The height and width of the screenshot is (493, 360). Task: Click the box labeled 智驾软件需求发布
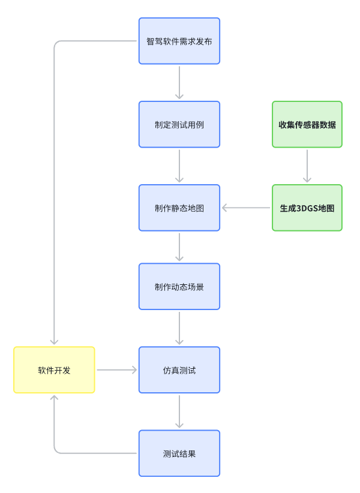click(x=179, y=41)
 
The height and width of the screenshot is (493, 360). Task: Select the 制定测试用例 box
click(x=179, y=124)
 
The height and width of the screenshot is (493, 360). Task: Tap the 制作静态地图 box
click(x=179, y=208)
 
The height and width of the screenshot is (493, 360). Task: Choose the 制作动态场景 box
click(x=179, y=286)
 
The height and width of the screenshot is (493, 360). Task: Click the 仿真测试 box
click(x=179, y=369)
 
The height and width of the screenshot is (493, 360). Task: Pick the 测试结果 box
click(x=179, y=453)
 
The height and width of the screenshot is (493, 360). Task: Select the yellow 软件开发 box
click(x=54, y=369)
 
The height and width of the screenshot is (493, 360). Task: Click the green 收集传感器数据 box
click(x=307, y=124)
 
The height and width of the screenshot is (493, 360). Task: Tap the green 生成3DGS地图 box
click(x=307, y=208)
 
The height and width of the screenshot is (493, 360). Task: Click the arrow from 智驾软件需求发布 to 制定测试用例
click(x=179, y=82)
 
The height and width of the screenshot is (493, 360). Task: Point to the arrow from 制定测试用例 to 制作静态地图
click(x=179, y=166)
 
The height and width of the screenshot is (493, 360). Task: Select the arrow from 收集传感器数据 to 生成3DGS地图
click(x=307, y=166)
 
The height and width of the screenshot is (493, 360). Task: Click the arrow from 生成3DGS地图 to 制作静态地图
click(x=246, y=208)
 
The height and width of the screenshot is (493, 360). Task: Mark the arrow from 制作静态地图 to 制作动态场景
click(x=179, y=246)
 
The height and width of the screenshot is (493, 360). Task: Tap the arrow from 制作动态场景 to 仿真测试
click(x=179, y=327)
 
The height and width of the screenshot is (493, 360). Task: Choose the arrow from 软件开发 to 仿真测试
click(x=117, y=370)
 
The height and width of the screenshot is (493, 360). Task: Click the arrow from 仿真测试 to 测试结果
click(x=179, y=411)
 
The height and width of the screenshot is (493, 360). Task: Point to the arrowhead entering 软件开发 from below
click(x=54, y=398)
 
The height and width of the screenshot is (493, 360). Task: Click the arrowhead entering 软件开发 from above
click(x=54, y=341)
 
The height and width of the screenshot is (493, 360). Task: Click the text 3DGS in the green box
click(x=308, y=208)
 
